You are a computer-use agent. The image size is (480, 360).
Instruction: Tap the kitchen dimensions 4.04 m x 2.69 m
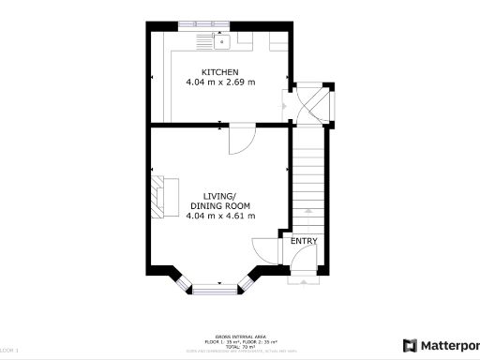click(x=220, y=82)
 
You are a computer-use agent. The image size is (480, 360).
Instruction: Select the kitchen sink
click(x=222, y=41)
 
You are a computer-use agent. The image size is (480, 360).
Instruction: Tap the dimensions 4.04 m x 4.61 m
click(x=220, y=216)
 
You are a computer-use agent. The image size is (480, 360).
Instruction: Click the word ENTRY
click(x=303, y=241)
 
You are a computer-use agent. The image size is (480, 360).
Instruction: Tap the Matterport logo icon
click(x=410, y=344)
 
